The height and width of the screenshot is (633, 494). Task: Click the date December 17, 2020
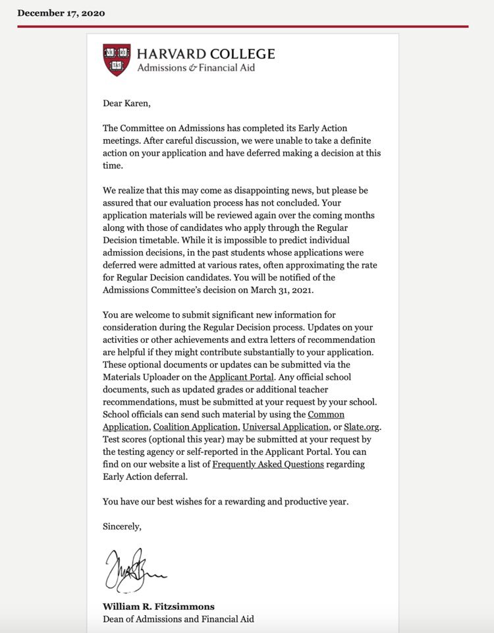pos(61,13)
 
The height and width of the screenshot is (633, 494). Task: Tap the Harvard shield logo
pos(117,59)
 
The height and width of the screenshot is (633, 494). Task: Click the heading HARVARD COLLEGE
pos(206,53)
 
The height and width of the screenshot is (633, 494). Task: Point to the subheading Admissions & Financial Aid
pos(196,68)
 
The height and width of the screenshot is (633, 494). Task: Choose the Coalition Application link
pos(195,427)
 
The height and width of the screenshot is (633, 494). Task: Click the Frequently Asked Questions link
pos(268,464)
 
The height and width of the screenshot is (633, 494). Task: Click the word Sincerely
pos(122,526)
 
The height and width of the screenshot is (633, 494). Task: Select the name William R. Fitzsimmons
pos(159,607)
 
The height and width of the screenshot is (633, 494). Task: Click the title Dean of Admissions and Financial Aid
pos(178,619)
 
